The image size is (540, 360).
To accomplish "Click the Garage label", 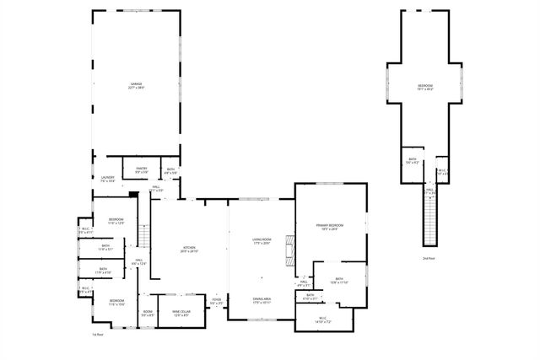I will (x=135, y=86).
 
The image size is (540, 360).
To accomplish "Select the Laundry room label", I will (x=107, y=179).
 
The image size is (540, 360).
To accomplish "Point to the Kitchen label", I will (x=189, y=250).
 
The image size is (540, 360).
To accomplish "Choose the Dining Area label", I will (x=262, y=299).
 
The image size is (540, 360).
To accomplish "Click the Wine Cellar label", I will (x=181, y=314).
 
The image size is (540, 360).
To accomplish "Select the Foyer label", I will (x=217, y=301).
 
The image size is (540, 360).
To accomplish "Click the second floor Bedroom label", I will (x=426, y=87).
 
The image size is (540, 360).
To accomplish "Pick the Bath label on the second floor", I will (x=413, y=160).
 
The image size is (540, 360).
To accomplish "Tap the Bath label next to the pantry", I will (x=170, y=171).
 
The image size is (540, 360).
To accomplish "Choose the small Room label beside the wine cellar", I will (x=147, y=313).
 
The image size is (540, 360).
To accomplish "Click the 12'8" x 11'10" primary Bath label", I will (x=339, y=280).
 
